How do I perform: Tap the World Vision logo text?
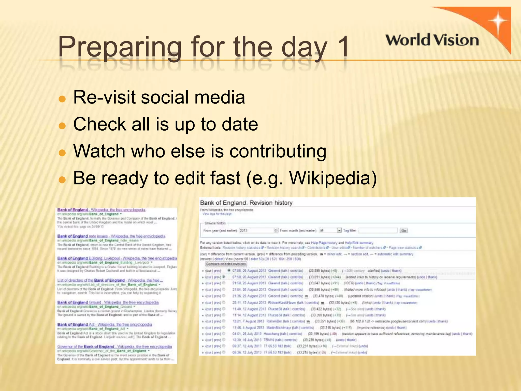tap(432, 40)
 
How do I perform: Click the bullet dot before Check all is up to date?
tap(62, 126)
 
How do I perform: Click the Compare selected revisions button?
tap(226, 264)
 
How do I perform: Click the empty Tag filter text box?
tap(378, 230)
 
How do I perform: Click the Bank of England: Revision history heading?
tap(246, 203)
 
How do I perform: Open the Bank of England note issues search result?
tap(111, 236)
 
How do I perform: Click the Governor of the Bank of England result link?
tap(114, 346)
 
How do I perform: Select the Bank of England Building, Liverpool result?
tap(117, 258)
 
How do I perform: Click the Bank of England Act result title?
tap(105, 325)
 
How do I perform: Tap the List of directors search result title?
tap(110, 280)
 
